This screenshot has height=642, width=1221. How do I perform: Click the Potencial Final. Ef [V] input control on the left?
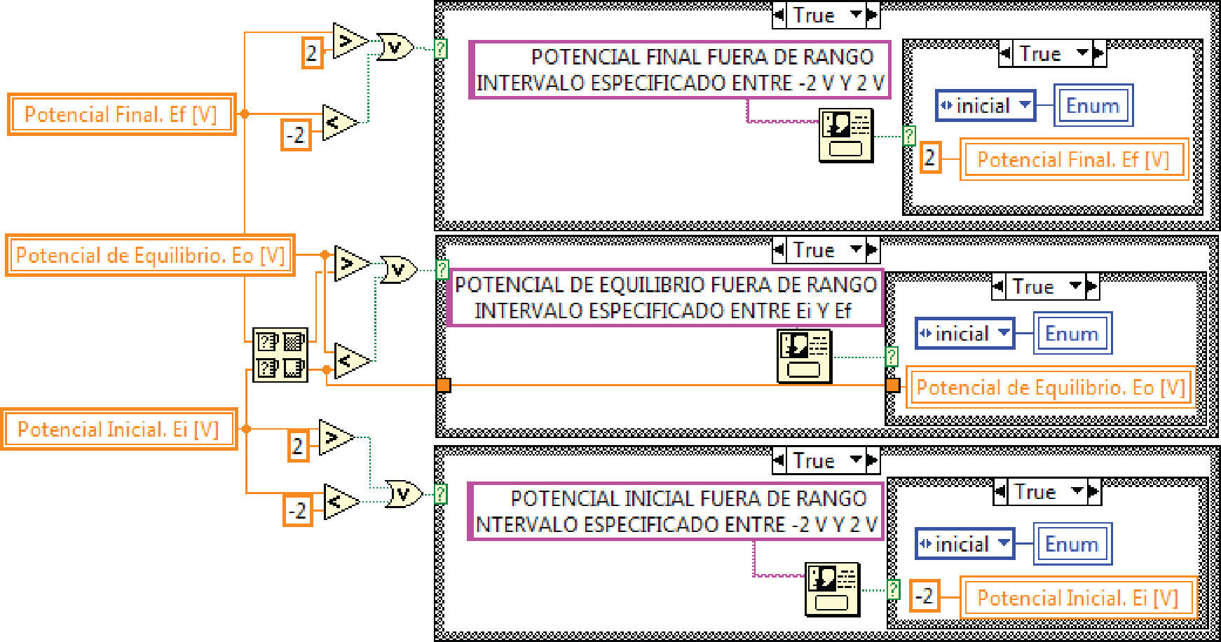[x=121, y=114]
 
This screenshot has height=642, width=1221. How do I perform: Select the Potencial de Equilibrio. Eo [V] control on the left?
[x=150, y=255]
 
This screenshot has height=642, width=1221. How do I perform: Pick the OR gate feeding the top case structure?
[x=395, y=47]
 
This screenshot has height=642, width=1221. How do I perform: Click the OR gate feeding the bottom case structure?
[x=403, y=494]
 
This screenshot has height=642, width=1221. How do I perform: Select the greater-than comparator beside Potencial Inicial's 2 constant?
[x=336, y=437]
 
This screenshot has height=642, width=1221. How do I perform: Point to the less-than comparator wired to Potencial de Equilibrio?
[x=350, y=361]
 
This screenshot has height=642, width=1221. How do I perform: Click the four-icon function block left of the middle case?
[x=280, y=355]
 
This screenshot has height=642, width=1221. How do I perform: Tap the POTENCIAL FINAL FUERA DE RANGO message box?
[x=679, y=69]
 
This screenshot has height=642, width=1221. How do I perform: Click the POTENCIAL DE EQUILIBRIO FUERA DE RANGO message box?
[x=664, y=297]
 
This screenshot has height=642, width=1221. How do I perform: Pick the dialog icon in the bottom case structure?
[x=832, y=589]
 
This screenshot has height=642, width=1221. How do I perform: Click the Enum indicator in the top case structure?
[x=1093, y=106]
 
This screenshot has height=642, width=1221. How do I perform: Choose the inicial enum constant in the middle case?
[x=964, y=334]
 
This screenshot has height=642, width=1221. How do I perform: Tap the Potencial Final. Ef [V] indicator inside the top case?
[x=1074, y=160]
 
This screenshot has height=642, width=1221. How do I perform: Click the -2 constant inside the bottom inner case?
[x=925, y=596]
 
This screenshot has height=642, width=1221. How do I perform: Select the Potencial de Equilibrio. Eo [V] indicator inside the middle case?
[x=1050, y=387]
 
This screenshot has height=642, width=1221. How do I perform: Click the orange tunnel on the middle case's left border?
[x=444, y=385]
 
